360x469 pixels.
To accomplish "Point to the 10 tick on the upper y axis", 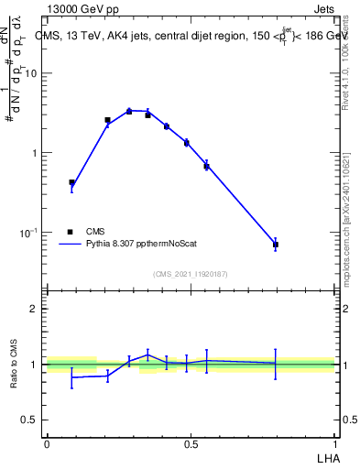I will (x=30, y=73).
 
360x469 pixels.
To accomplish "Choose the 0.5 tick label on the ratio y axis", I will (x=29, y=420).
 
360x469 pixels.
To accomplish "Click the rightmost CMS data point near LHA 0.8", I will (x=276, y=245).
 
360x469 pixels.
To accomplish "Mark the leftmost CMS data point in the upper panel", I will (x=71, y=182).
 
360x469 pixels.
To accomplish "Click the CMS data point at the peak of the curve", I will (x=129, y=111).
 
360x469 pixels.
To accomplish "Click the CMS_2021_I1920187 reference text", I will (x=190, y=274).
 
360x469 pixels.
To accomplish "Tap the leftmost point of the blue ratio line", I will (x=71, y=377).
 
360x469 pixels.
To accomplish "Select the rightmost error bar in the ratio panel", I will (x=276, y=364).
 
